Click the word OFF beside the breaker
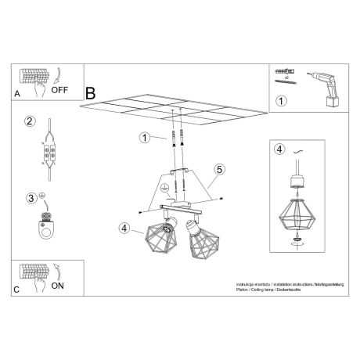coord(59,89)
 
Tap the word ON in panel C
coord(58,286)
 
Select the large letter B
coord(90,93)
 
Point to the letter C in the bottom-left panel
coord(17,291)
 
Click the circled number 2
coord(30,121)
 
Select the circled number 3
coord(32,197)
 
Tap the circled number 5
coord(220,168)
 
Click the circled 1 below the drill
coord(281,101)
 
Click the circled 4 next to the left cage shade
coord(124,228)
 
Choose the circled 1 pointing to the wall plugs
coord(144,138)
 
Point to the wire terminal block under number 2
coord(49,152)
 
